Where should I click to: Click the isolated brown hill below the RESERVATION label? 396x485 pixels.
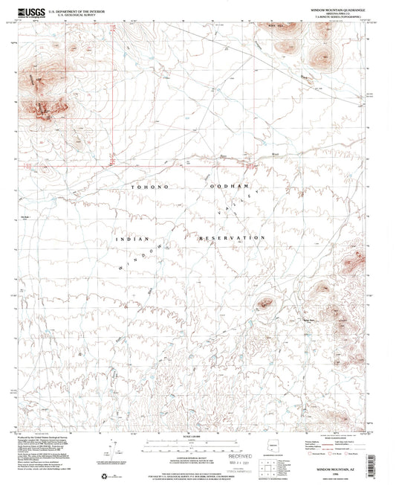pos(265,303)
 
